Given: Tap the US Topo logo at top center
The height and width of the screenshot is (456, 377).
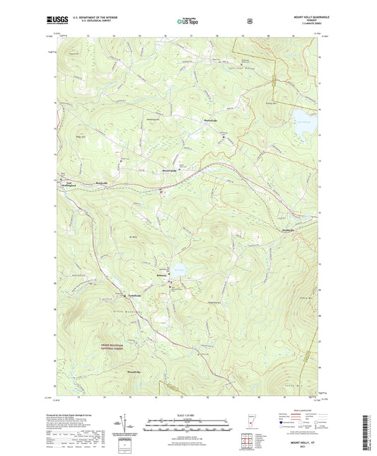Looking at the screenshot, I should click(187, 21).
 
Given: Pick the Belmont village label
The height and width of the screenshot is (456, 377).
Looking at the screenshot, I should click(161, 275).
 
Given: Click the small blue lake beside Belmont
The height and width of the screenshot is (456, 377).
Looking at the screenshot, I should click(180, 270).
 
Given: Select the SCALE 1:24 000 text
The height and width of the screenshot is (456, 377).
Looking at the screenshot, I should click(188, 415).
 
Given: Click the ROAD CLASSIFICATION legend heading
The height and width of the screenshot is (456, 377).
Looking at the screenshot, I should click(298, 415).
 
